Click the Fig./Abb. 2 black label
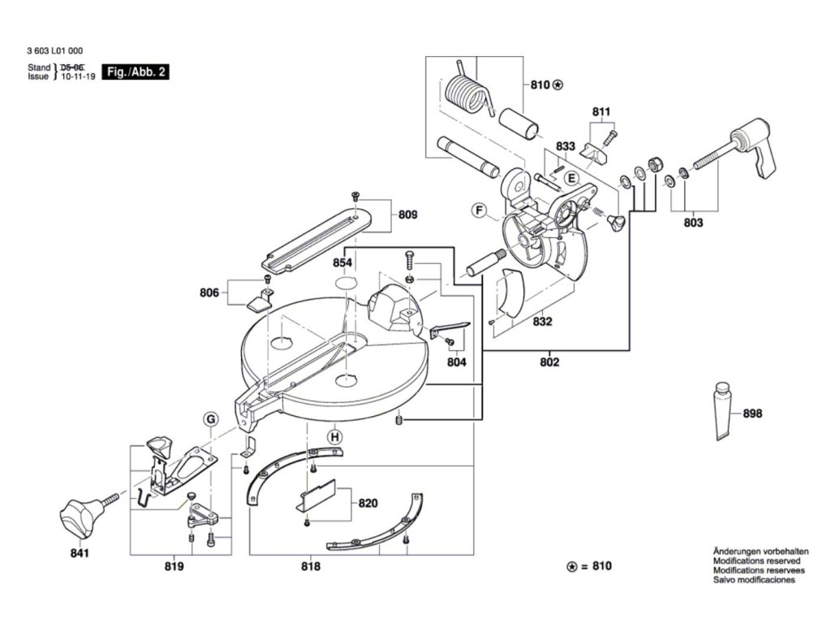[136, 71]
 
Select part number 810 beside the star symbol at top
[540, 84]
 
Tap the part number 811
[601, 111]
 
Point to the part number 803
[693, 223]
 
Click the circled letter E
[571, 178]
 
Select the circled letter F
[479, 210]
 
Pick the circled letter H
[334, 437]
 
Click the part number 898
[752, 413]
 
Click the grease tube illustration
[723, 410]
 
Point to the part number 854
[342, 262]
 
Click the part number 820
[368, 503]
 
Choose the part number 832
[542, 321]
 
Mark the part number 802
[549, 362]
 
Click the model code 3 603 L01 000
[54, 51]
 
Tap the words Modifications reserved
[757, 561]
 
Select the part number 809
[407, 214]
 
